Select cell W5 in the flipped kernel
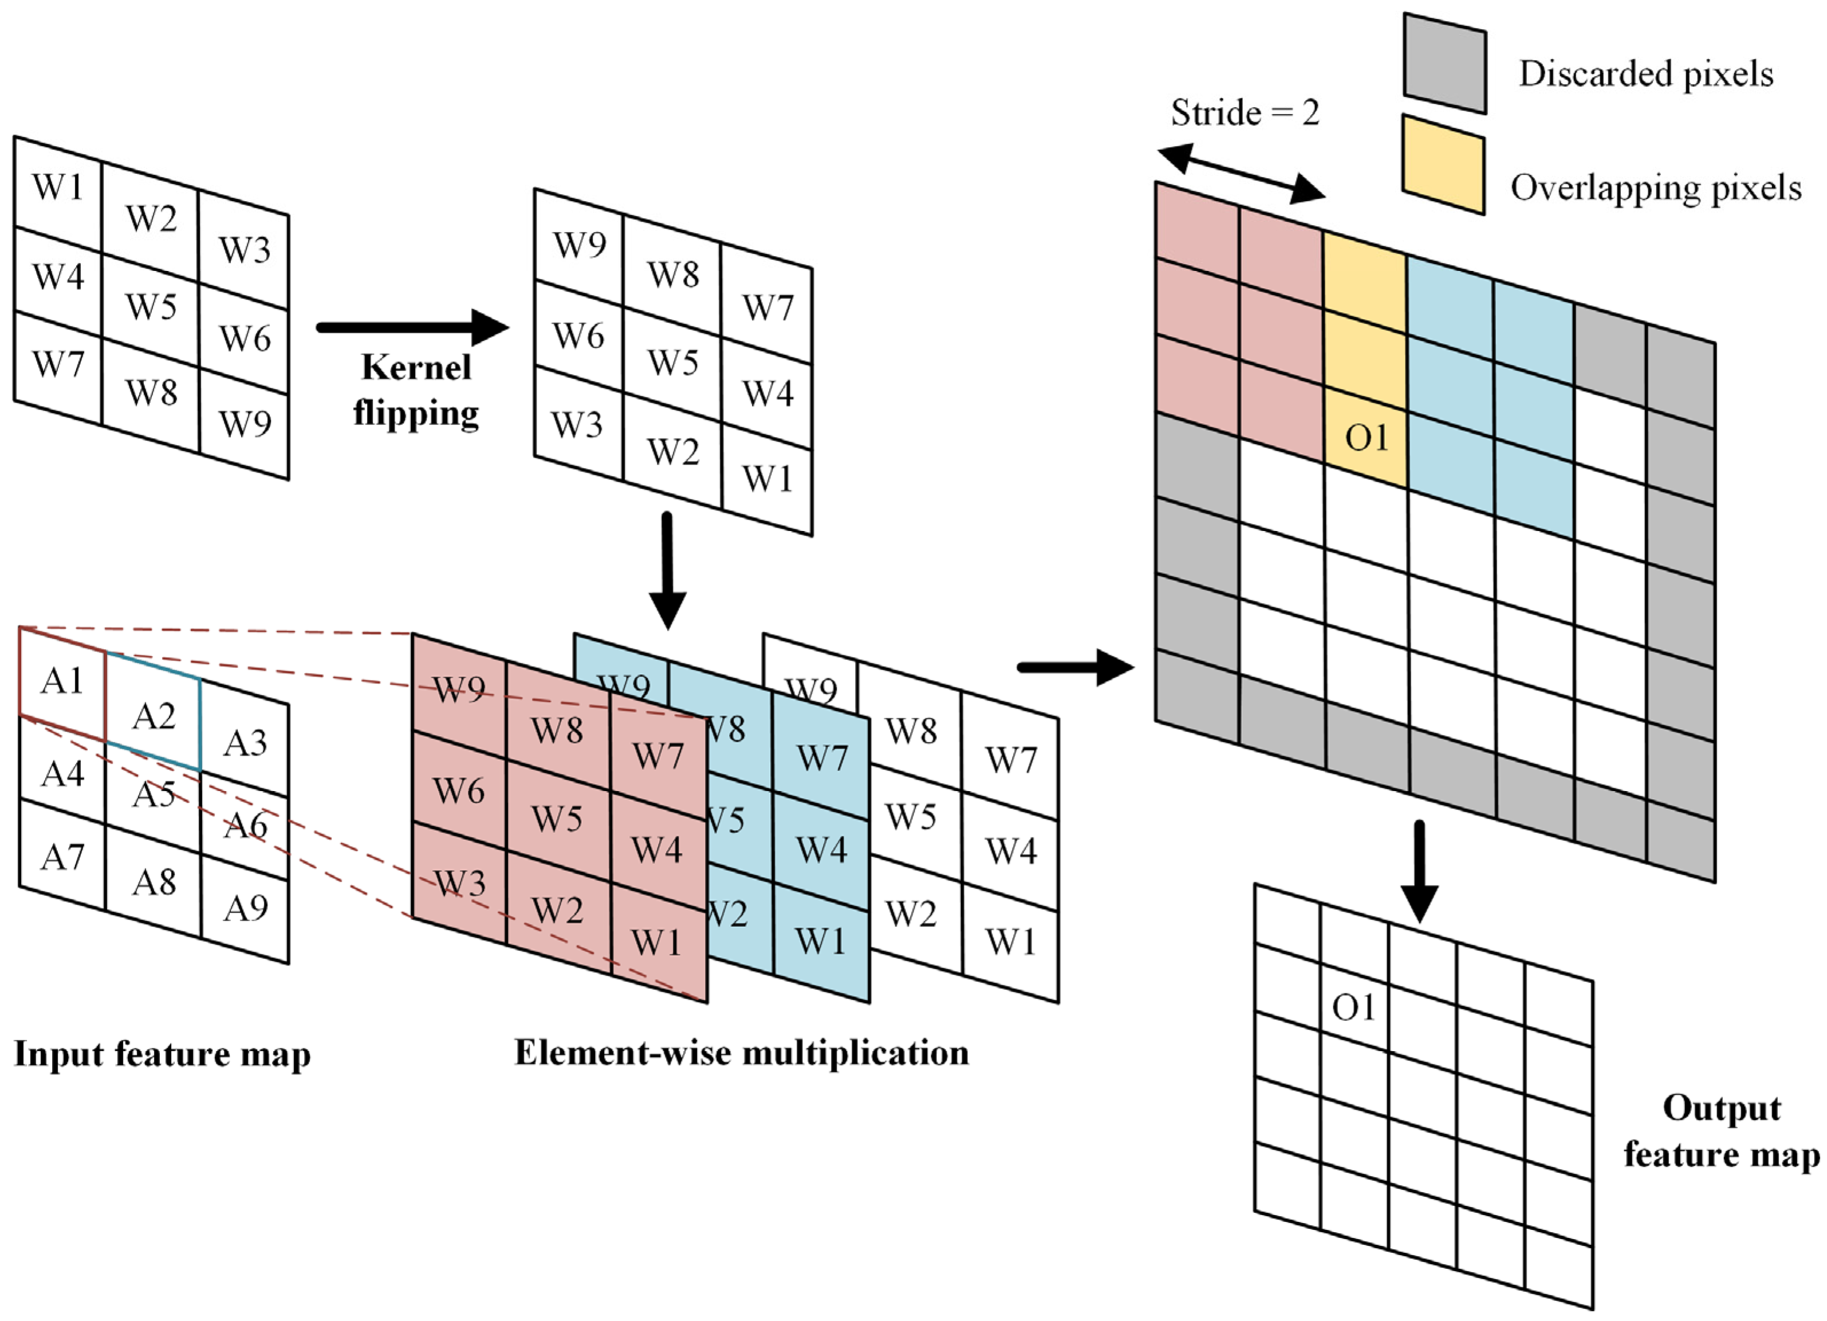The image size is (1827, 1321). tap(672, 363)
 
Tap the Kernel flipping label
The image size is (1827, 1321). tap(416, 391)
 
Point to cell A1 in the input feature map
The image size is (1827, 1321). tap(62, 681)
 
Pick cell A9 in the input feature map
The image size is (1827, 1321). tap(245, 909)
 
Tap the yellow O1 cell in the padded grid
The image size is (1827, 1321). tap(1366, 438)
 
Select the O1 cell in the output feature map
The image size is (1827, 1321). tap(1353, 1007)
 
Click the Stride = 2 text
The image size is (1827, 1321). tap(1245, 113)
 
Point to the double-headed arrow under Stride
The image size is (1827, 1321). tap(1241, 171)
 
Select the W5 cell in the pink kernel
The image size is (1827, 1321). tap(557, 819)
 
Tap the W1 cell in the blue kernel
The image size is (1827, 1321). tap(820, 941)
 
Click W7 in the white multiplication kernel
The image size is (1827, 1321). tap(1010, 760)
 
